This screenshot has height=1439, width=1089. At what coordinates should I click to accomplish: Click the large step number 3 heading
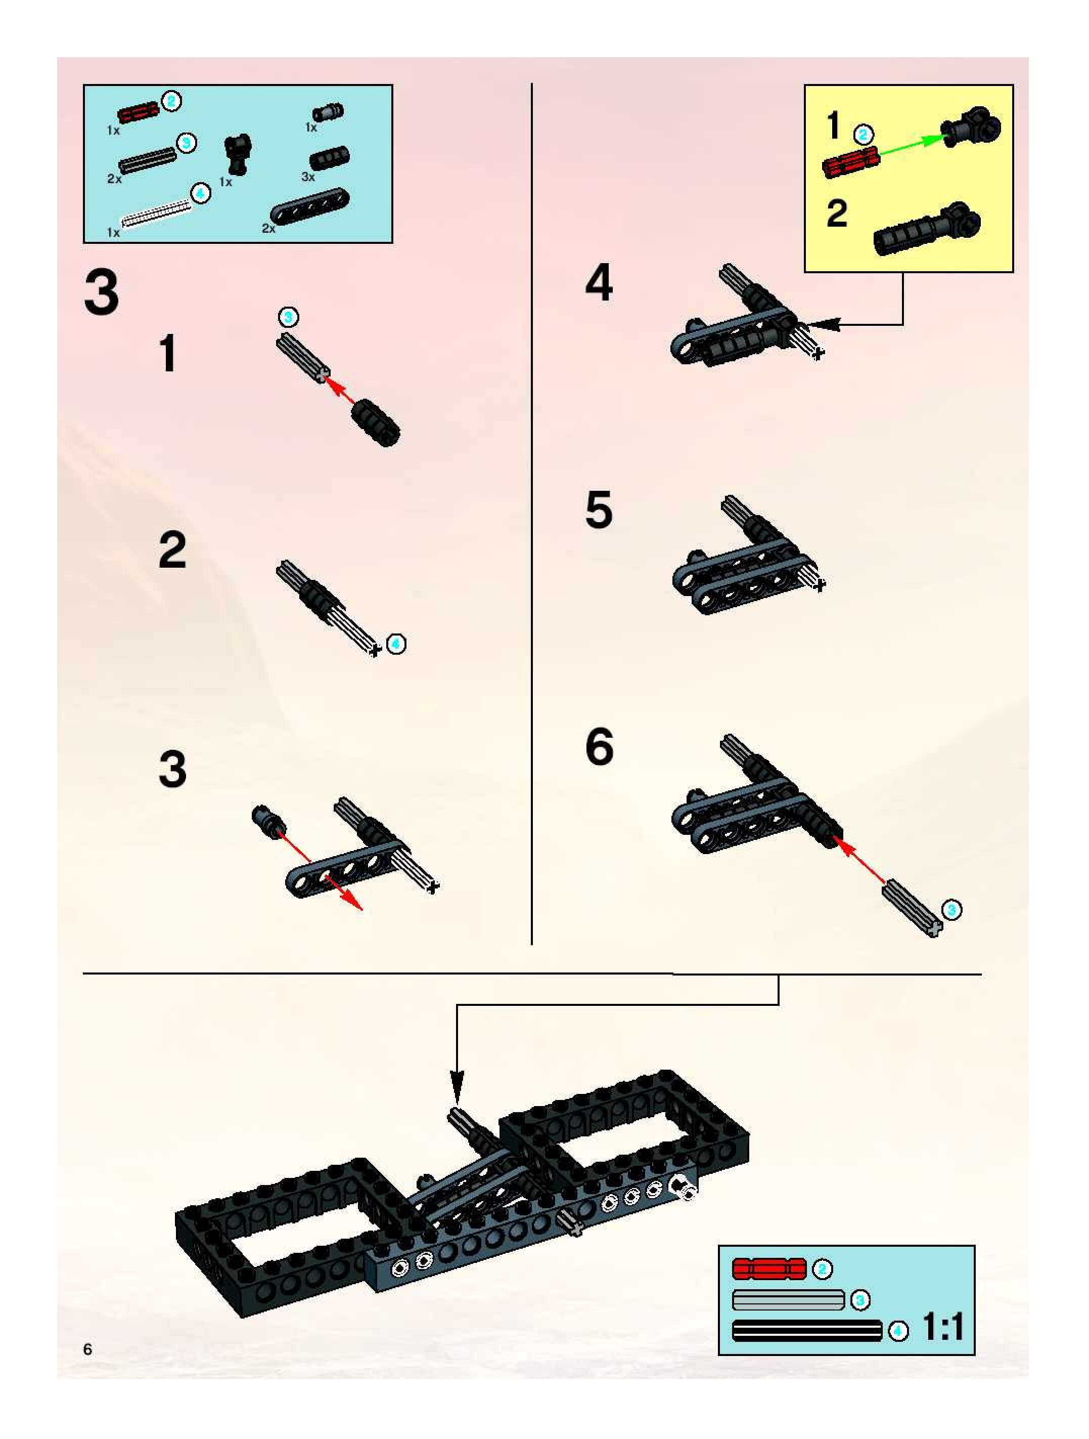102,293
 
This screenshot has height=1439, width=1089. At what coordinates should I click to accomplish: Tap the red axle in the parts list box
139,112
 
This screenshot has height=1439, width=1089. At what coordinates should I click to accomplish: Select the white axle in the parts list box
157,214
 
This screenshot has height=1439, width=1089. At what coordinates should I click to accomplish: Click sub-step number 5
599,510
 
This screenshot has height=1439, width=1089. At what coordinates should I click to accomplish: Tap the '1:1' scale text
943,1328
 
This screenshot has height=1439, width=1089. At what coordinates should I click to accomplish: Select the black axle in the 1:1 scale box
807,1331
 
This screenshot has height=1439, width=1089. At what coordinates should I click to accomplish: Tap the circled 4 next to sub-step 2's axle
396,644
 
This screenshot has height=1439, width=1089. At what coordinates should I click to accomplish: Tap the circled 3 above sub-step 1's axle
289,317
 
